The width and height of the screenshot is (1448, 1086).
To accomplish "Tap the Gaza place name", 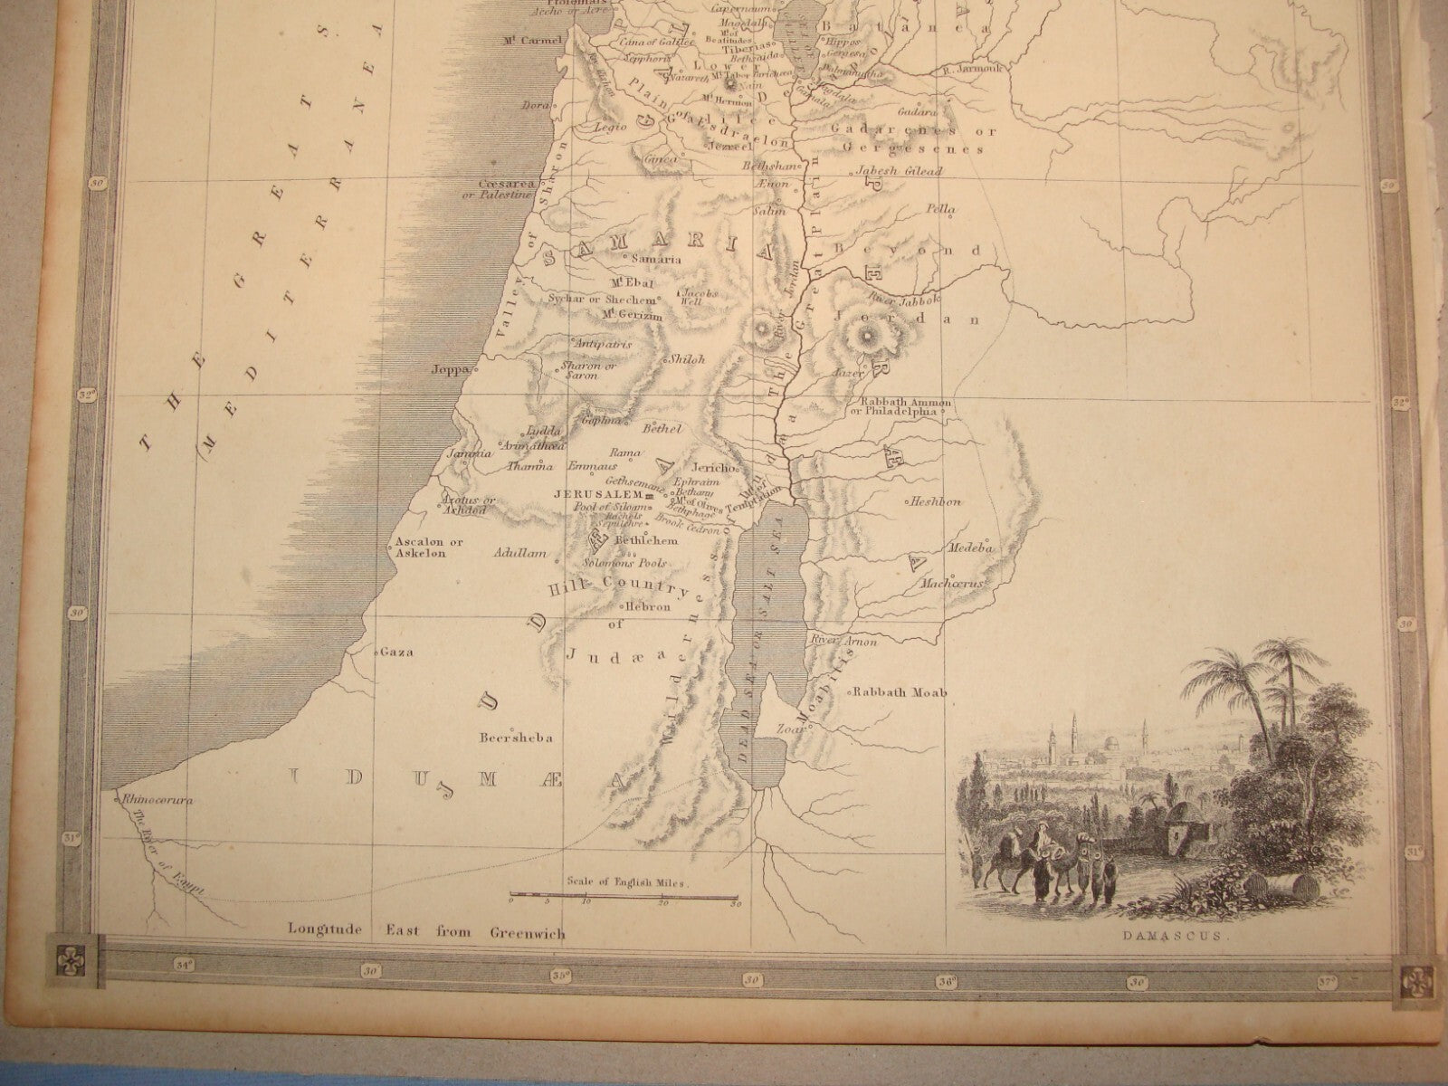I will click(391, 651).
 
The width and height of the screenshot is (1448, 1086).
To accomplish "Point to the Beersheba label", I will click(517, 738).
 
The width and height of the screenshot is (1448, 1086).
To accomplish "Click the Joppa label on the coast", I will click(450, 369).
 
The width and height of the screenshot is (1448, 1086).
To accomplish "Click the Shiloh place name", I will click(687, 359).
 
